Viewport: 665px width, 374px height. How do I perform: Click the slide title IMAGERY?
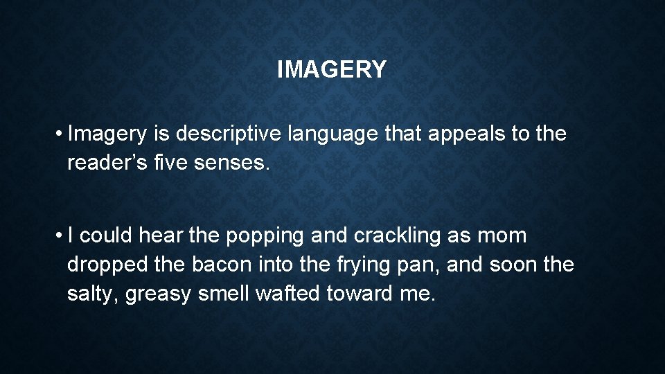click(332, 69)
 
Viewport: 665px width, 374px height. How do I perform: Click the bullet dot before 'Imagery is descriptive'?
click(61, 133)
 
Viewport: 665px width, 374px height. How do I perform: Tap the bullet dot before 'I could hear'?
click(61, 235)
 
